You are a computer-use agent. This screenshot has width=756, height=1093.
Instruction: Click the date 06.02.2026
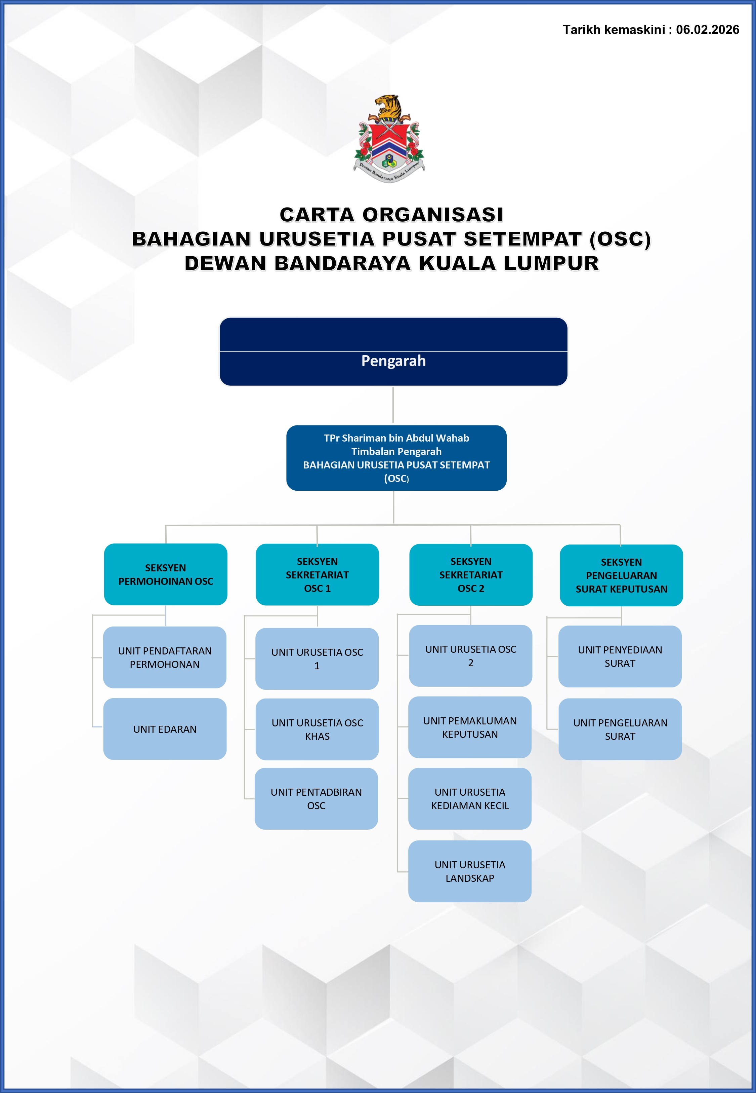(707, 30)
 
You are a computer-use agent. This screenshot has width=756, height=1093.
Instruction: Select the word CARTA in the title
(317, 215)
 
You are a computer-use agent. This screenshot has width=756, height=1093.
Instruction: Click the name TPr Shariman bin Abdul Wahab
(396, 438)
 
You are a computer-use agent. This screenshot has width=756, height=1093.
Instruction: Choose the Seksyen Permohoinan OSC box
(166, 574)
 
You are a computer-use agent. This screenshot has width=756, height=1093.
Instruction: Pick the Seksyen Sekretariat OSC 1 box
(318, 574)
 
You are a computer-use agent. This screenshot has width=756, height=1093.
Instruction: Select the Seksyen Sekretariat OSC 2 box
(471, 574)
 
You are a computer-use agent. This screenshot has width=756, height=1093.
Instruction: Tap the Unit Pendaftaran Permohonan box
(165, 657)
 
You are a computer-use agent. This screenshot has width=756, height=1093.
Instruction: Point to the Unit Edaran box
(165, 729)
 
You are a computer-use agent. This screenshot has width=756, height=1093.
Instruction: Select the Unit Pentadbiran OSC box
(317, 799)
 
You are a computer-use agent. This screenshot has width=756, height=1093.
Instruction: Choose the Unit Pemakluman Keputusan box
(470, 727)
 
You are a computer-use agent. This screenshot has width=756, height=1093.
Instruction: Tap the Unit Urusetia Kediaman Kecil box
(470, 799)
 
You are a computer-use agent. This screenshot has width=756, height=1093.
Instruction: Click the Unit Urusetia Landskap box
(470, 871)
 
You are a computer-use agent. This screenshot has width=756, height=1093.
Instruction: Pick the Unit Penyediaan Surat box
(620, 656)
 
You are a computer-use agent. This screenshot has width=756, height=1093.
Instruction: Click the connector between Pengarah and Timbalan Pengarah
(393, 405)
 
